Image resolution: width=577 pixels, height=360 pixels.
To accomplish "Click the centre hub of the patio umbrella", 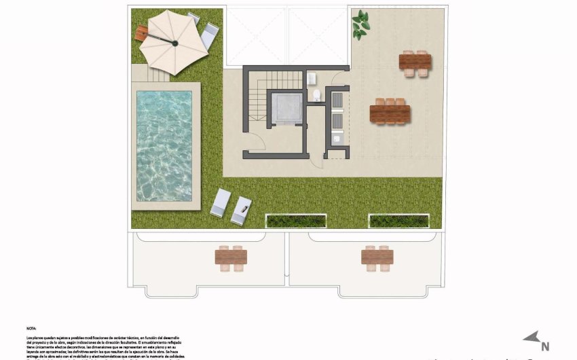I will coord(174,43).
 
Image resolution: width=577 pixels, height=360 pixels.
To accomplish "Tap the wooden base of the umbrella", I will coord(142,31).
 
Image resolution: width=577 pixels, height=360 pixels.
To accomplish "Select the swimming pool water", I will coord(164,145).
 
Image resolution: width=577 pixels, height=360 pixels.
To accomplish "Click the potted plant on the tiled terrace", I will coord(360,25).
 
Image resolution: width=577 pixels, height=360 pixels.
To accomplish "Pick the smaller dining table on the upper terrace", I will coord(415,62).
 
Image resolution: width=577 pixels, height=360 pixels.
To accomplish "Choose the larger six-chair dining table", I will coord(390,112).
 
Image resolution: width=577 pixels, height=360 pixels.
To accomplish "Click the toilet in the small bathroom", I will coord(316,95).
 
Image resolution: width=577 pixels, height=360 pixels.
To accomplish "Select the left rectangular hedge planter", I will coord(296,221).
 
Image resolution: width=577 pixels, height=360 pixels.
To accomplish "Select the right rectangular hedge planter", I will coord(398,221).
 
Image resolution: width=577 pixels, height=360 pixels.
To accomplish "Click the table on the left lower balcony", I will coord(231,257).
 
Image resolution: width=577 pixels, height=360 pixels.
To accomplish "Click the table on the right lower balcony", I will coord(377,257).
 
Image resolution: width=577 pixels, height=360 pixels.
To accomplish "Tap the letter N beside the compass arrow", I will coord(544,345).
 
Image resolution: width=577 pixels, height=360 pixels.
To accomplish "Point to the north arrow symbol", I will coord(531,338).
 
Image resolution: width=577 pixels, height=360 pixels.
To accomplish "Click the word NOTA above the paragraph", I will coord(32,327).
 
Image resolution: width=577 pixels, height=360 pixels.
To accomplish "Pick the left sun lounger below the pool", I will coord(221,203).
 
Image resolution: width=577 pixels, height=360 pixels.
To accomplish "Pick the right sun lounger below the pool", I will coord(241,210).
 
